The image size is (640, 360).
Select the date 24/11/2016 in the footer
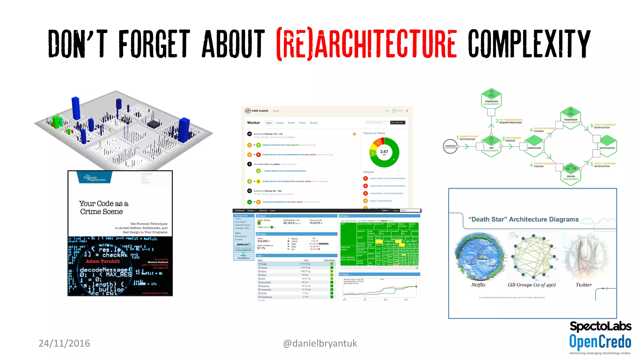pyautogui.click(x=64, y=343)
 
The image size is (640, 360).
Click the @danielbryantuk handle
pyautogui.click(x=320, y=343)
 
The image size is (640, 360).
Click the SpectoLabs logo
pyautogui.click(x=600, y=326)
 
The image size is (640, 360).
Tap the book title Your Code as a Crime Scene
pyautogui.click(x=103, y=207)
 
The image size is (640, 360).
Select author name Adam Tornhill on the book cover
pyautogui.click(x=102, y=261)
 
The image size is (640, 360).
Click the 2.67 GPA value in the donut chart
pyautogui.click(x=384, y=152)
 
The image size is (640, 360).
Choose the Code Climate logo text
pyautogui.click(x=259, y=111)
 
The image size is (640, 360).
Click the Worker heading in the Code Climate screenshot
pyautogui.click(x=253, y=123)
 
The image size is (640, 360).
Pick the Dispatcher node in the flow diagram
pyautogui.click(x=534, y=148)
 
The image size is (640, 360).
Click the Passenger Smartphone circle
pyautogui.click(x=450, y=146)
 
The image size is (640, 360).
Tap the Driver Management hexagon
pyautogui.click(x=571, y=174)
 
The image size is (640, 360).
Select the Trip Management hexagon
pyautogui.click(x=491, y=145)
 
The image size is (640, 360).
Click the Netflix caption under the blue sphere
pyautogui.click(x=478, y=285)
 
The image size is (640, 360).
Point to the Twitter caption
pyautogui.click(x=583, y=285)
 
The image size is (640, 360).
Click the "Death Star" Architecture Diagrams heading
pyautogui.click(x=523, y=219)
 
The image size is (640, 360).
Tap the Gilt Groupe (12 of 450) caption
pyautogui.click(x=532, y=285)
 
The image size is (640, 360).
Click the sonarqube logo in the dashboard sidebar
pyautogui.click(x=243, y=244)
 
